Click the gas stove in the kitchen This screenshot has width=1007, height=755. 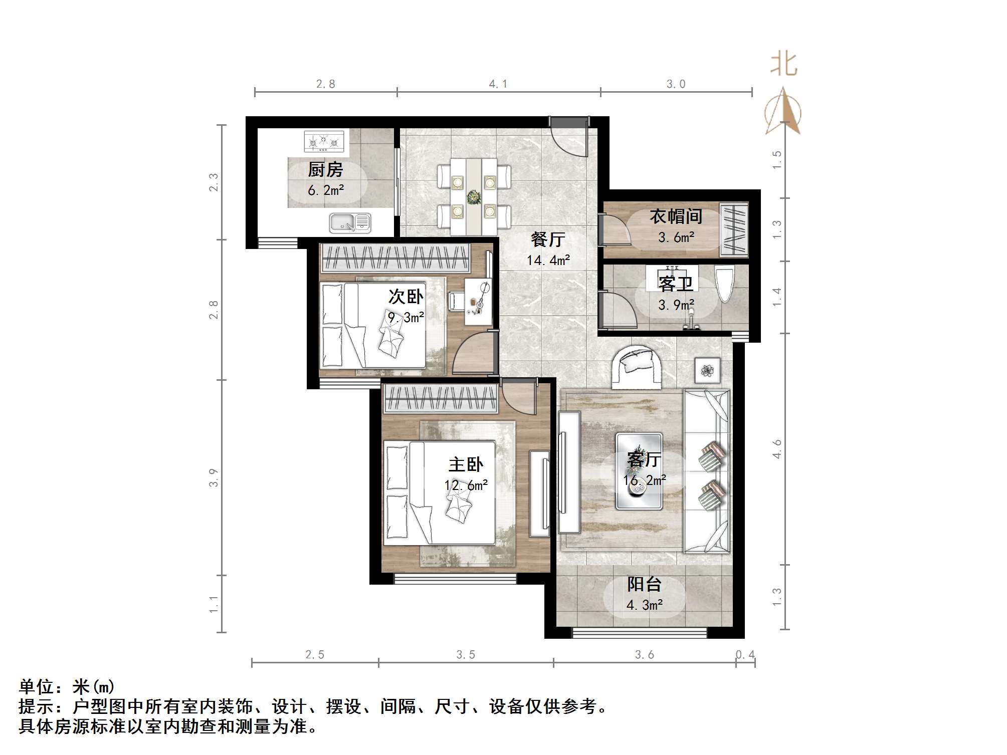[x=324, y=141]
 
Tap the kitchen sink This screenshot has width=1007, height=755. [x=350, y=222]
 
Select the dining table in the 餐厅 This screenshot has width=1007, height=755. [x=474, y=196]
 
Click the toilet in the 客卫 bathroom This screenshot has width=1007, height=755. [x=724, y=284]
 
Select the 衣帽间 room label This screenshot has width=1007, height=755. [x=676, y=216]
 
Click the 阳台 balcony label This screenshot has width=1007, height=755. [x=644, y=584]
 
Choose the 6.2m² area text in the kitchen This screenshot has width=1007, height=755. [x=326, y=190]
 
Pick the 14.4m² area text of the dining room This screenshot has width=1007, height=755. [x=548, y=261]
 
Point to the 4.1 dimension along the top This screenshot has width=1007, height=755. [x=498, y=84]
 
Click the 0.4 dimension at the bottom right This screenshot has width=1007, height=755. [x=745, y=654]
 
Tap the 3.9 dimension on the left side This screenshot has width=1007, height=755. [x=214, y=477]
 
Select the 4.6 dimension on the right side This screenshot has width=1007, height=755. [x=777, y=449]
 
